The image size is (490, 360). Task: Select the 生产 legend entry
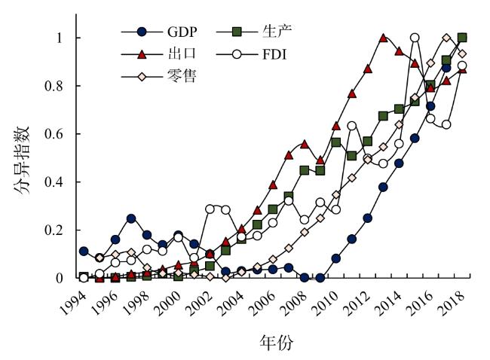point(277,32)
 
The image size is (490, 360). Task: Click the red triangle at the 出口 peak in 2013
point(383,38)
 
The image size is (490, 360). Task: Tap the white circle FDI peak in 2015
point(415,38)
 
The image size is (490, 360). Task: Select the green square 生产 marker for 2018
point(462,38)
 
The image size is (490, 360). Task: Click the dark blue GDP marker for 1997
point(131,218)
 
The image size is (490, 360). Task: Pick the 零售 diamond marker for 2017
point(446,38)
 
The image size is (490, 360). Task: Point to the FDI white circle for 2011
point(351,126)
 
